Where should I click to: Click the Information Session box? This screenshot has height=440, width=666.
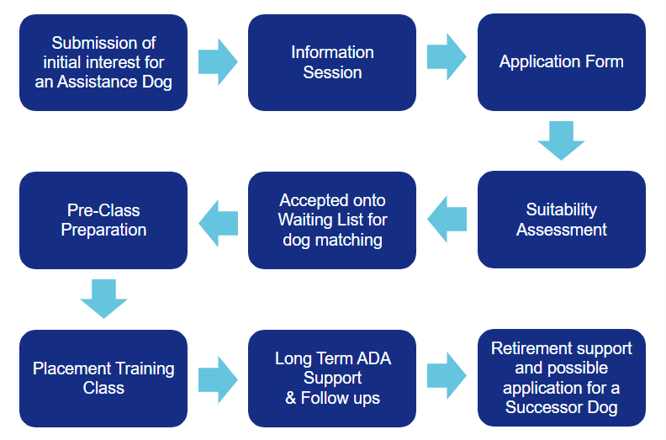point(331,62)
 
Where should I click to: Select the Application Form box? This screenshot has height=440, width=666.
point(562,62)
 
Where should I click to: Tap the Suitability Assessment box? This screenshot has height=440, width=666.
point(562,220)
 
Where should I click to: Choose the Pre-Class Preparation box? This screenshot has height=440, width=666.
point(103,220)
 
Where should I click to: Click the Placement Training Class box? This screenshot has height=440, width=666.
point(103,379)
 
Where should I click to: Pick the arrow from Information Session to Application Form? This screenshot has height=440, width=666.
point(447,57)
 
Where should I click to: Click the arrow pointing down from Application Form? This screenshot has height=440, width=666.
point(561,140)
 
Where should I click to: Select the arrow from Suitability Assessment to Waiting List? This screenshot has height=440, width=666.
point(447,219)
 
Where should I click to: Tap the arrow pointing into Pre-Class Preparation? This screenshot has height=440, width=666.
point(218,223)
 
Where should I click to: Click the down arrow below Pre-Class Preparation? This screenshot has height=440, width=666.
point(103,299)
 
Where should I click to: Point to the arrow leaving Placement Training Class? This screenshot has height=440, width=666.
point(218,379)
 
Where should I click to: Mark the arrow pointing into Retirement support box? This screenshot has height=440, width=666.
point(447,375)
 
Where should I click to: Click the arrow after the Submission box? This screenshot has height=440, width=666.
point(218,61)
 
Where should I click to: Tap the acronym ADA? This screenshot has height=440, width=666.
point(373,358)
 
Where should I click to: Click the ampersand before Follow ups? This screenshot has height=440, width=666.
point(290,398)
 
